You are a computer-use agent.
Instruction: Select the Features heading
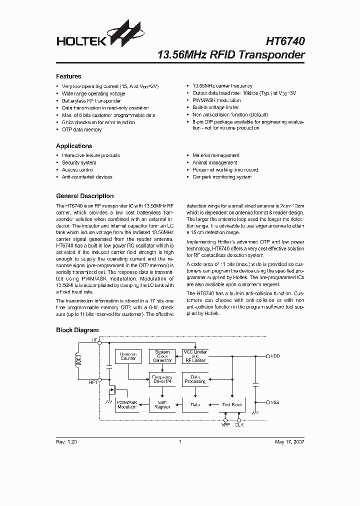point(68,76)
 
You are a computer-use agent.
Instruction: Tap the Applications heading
point(74,146)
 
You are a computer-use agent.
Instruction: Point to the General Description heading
point(85,196)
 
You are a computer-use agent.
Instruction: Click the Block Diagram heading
point(77,330)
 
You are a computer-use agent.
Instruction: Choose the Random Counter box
point(128,356)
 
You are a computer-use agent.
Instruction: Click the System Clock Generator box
point(162,356)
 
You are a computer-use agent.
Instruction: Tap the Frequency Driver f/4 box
point(162,379)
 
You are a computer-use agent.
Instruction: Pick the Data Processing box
point(195,379)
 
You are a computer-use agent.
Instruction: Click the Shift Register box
point(162,404)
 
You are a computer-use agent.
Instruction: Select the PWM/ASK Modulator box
point(127,404)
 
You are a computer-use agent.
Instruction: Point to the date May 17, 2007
point(289,442)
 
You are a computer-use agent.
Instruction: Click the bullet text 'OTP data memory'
point(81,129)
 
